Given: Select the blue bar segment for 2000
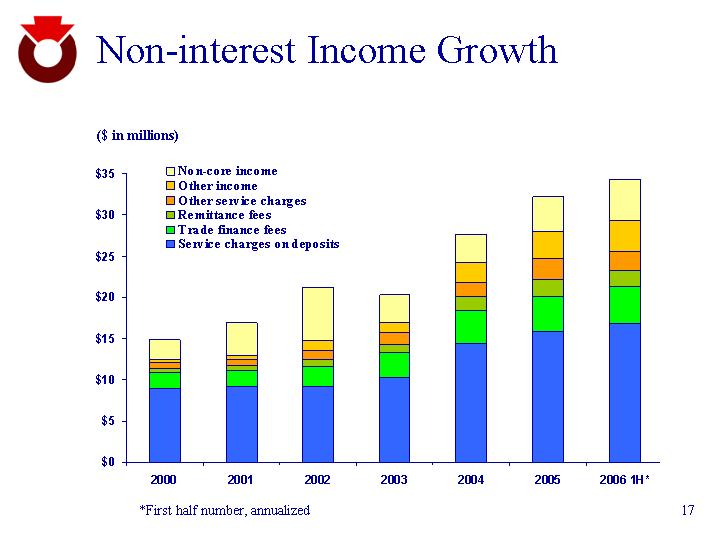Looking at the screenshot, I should (164, 425).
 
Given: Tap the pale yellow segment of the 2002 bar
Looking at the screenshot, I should (318, 313).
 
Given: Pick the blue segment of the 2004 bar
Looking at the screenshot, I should (471, 402).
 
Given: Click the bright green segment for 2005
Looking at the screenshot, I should (548, 313).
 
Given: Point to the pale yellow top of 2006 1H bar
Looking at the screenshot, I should (625, 199).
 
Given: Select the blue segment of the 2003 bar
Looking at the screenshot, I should (394, 419).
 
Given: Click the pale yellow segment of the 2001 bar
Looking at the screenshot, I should (241, 338).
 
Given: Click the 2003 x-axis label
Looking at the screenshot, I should (394, 481).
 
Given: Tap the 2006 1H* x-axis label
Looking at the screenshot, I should (625, 481).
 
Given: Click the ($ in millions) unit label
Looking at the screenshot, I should (137, 135).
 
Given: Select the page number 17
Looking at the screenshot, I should (687, 511).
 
